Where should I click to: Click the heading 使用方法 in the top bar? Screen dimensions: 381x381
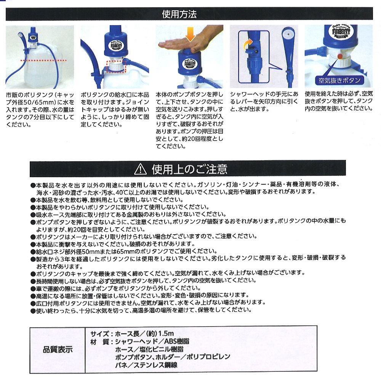pyautogui.click(x=179, y=14)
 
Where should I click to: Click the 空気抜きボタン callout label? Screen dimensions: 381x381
pyautogui.click(x=339, y=80)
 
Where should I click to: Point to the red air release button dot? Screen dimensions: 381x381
pyautogui.click(x=340, y=56)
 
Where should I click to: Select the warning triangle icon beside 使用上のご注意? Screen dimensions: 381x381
pyautogui.click(x=140, y=169)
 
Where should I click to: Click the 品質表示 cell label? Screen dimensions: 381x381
pyautogui.click(x=58, y=350)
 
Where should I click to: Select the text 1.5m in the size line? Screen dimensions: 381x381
pyautogui.click(x=166, y=333)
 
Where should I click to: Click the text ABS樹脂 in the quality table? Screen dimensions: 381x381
pyautogui.click(x=177, y=341)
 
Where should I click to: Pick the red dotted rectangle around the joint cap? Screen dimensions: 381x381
pyautogui.click(x=116, y=66)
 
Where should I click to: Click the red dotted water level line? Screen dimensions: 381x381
pyautogui.click(x=43, y=60)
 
